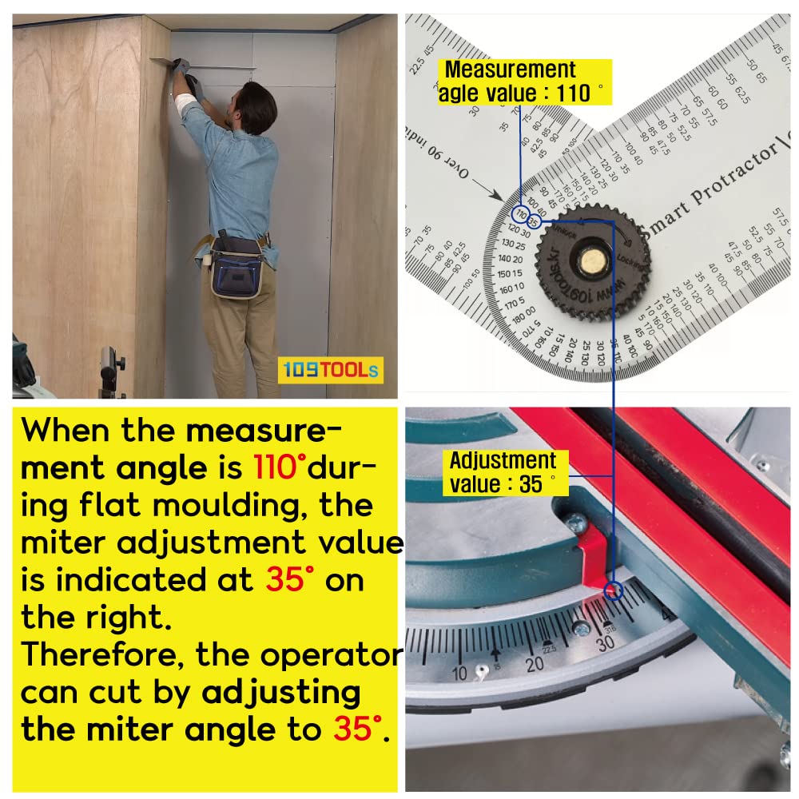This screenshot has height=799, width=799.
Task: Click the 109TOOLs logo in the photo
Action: click(330, 370)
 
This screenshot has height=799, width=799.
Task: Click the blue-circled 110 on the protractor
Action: click(521, 214)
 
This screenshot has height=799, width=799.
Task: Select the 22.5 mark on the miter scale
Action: click(547, 646)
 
